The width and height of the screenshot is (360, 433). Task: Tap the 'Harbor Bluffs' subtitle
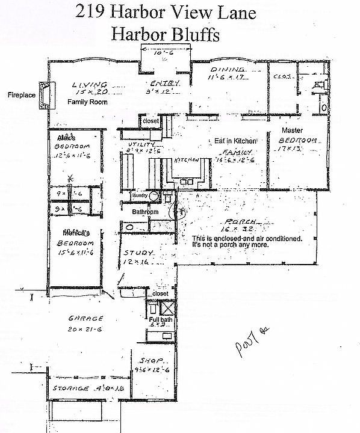pyautogui.click(x=164, y=34)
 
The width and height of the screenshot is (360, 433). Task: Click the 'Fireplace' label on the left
pyautogui.click(x=22, y=95)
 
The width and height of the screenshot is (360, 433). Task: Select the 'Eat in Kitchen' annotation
pyautogui.click(x=235, y=141)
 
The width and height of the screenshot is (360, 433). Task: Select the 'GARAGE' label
pyautogui.click(x=85, y=319)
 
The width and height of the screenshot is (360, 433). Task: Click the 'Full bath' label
pyautogui.click(x=160, y=319)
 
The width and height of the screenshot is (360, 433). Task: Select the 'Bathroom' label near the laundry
pyautogui.click(x=145, y=212)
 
